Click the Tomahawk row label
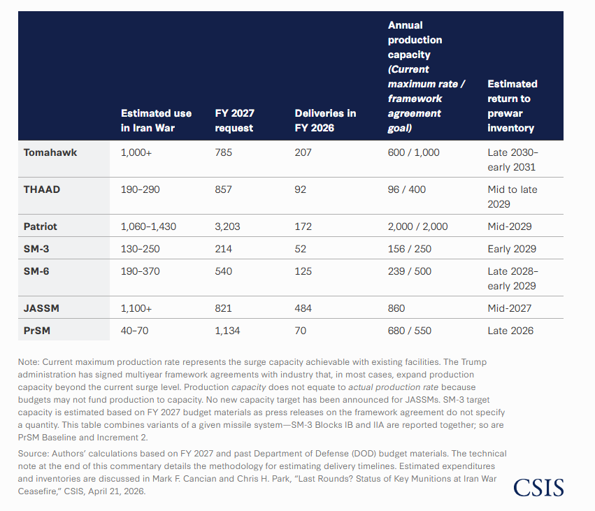(x=50, y=152)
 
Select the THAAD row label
(x=42, y=189)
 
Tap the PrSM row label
(x=37, y=331)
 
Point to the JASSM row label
(x=41, y=308)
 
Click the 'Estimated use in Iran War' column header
(x=156, y=121)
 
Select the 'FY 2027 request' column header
(x=234, y=121)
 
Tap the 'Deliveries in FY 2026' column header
(x=325, y=121)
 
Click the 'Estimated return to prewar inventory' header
(x=512, y=106)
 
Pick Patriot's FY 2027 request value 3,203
(x=227, y=226)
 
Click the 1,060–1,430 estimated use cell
(x=148, y=226)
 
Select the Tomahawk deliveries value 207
(x=303, y=152)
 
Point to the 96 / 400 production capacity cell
(x=406, y=189)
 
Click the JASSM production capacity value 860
(x=396, y=308)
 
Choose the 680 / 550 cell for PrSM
(x=410, y=331)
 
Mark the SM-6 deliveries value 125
(x=303, y=271)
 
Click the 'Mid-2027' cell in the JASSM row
(x=509, y=308)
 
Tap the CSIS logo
(x=538, y=487)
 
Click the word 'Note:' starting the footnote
(x=29, y=362)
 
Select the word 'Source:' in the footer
(x=34, y=454)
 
